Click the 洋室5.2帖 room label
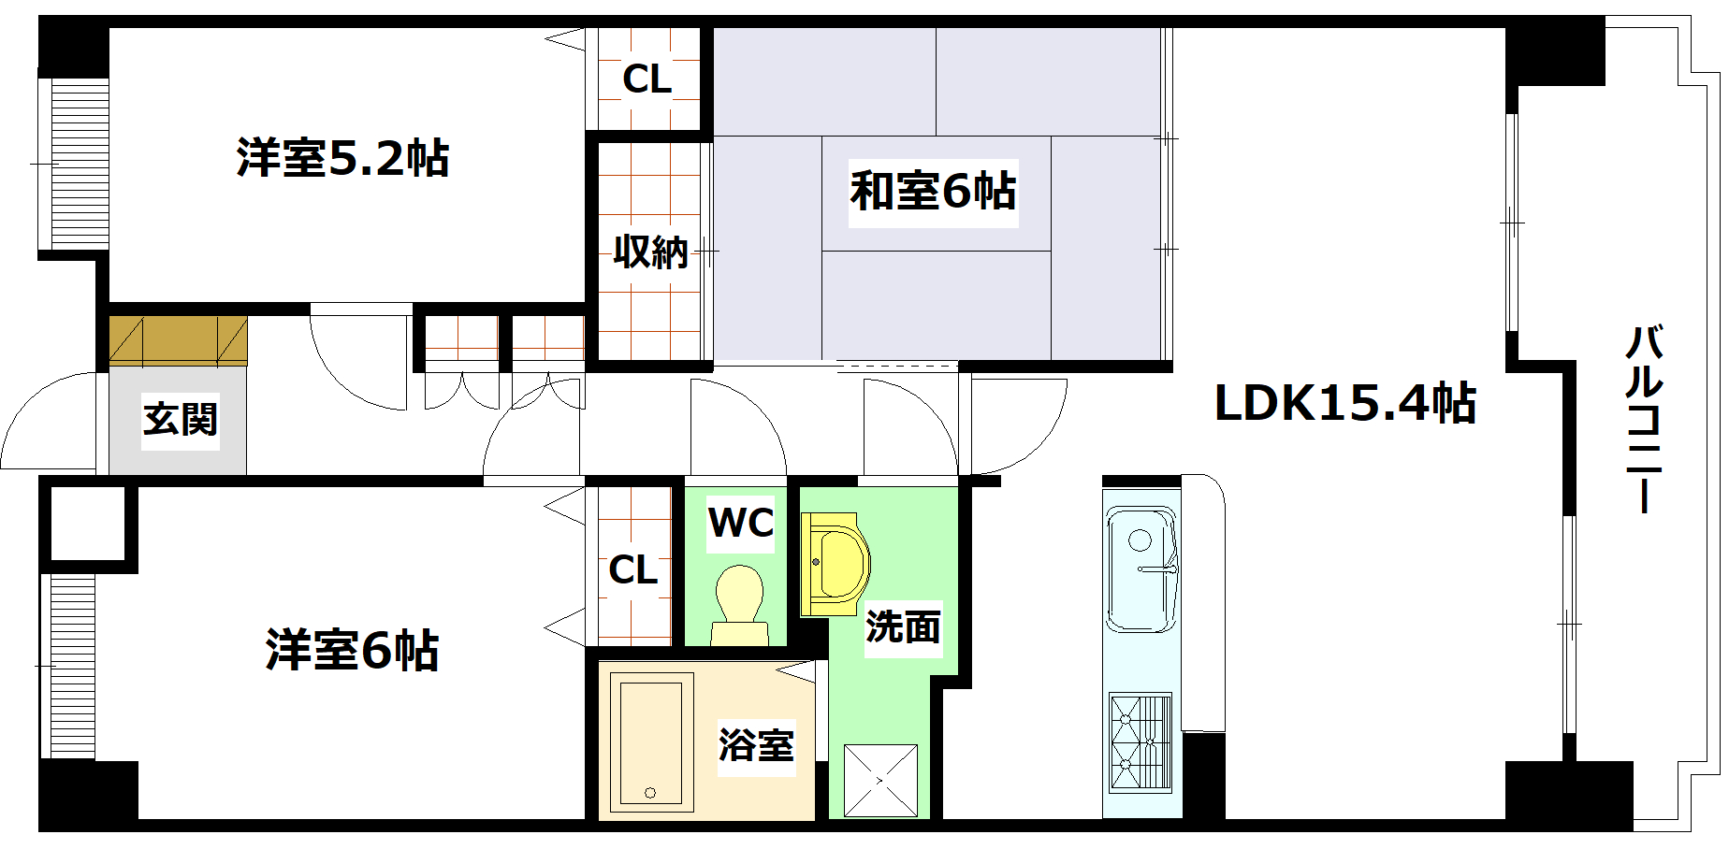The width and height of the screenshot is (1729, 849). click(x=342, y=158)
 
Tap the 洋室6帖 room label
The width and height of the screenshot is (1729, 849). click(x=352, y=650)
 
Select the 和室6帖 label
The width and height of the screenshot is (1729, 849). click(x=933, y=191)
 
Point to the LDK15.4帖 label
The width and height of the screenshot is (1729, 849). click(x=1344, y=404)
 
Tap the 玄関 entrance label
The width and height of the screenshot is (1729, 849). click(x=181, y=419)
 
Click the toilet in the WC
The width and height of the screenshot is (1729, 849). click(x=739, y=603)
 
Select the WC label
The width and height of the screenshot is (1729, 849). click(x=741, y=524)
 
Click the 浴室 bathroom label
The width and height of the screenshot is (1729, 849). click(x=756, y=746)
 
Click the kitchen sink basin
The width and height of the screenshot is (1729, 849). click(x=1141, y=568)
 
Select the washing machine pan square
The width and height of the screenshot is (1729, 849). click(x=880, y=780)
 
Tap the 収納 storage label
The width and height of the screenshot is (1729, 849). click(x=650, y=252)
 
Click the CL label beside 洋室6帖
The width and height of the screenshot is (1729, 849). click(x=633, y=569)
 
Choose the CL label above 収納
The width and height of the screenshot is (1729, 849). click(x=647, y=79)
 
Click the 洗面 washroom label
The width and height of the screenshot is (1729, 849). click(x=903, y=626)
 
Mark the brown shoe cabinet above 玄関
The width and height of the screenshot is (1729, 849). click(x=179, y=339)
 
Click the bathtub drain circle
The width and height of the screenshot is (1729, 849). click(x=650, y=793)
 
